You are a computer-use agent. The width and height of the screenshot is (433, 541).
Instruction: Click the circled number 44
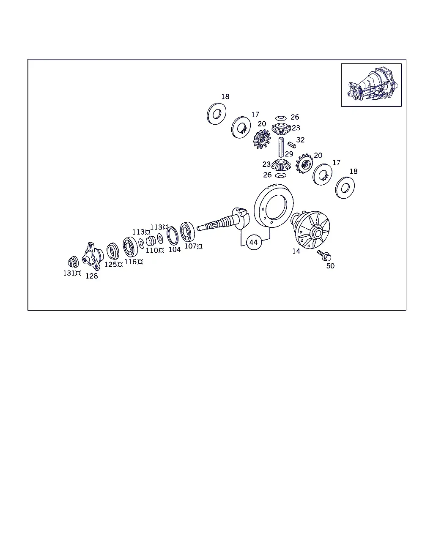(x=254, y=242)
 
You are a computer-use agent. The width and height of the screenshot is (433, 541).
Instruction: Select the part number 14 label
(x=296, y=251)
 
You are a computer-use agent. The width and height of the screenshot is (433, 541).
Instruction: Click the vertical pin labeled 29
(x=281, y=147)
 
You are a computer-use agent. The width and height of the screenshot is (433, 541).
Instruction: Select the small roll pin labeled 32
(x=292, y=145)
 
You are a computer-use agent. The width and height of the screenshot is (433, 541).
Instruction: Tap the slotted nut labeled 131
(x=73, y=262)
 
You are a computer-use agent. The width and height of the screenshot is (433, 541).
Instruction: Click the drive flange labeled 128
(x=92, y=256)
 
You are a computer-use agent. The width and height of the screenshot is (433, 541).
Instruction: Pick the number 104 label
(x=174, y=249)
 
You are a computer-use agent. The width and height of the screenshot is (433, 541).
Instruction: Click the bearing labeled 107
(x=187, y=232)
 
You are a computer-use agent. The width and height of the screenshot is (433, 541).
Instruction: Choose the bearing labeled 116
(x=130, y=247)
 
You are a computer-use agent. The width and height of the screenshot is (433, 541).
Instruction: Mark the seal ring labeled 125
(x=112, y=251)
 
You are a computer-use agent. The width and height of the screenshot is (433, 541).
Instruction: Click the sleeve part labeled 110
(x=151, y=240)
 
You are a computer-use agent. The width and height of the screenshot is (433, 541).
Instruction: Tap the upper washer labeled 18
(x=216, y=114)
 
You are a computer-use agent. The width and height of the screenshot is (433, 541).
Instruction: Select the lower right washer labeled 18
(x=345, y=188)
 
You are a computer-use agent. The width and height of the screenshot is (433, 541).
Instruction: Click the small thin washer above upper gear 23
(x=281, y=118)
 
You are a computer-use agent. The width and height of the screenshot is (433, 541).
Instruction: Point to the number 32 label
(x=300, y=140)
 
